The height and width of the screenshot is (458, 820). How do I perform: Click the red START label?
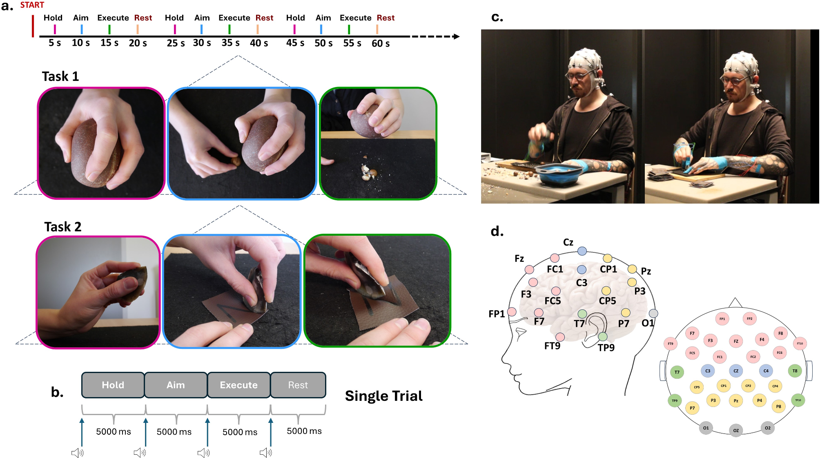tap(32, 5)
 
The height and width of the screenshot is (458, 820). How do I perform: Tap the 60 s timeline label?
tap(380, 43)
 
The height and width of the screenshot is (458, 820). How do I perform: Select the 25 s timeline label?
tap(176, 43)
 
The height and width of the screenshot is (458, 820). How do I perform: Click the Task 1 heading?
tap(60, 76)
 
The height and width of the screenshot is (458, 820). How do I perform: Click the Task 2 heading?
tap(63, 227)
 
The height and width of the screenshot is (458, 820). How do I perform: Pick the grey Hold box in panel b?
tap(113, 385)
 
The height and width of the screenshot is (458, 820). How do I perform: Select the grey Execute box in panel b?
tap(238, 385)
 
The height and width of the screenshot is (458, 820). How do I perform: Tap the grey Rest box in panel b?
tap(298, 385)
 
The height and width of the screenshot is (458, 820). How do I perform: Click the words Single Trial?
tap(383, 396)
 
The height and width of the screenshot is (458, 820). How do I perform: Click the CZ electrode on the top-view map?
tap(736, 371)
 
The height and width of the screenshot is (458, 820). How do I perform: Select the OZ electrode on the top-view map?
tap(736, 430)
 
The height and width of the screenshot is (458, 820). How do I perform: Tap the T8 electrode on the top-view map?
tap(795, 371)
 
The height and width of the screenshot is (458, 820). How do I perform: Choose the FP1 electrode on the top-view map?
tap(722, 319)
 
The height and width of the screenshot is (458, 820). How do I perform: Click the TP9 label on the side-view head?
tap(606, 348)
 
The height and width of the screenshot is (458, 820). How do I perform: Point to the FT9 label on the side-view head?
tap(552, 346)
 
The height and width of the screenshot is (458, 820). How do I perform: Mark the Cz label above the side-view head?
tap(568, 242)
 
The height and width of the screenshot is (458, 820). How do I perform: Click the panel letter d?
tap(497, 232)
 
